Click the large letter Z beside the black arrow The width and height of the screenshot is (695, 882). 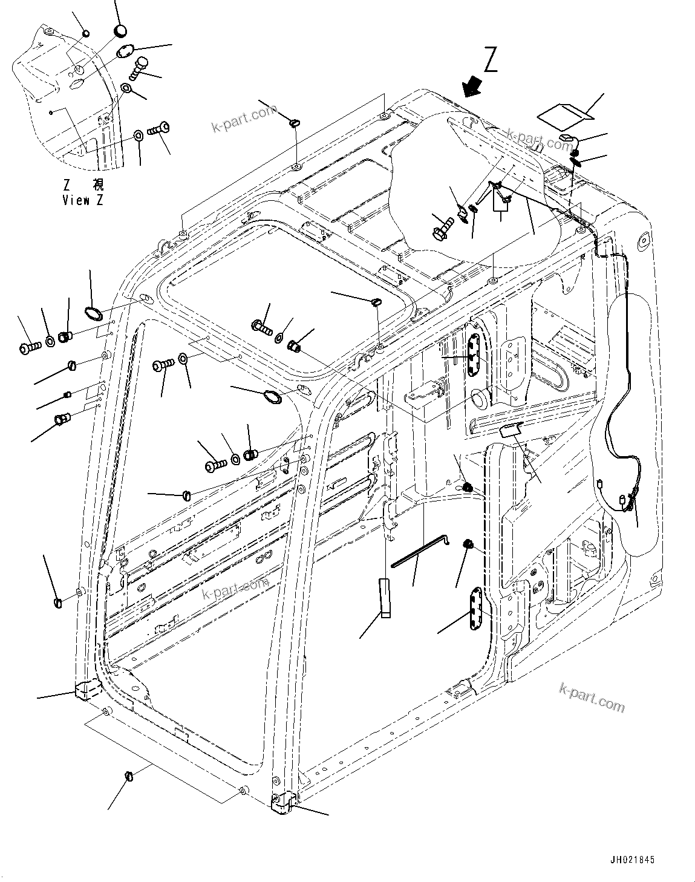tap(490, 60)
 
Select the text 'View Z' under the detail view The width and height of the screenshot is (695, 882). tap(82, 200)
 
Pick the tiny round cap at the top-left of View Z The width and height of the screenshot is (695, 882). tap(85, 33)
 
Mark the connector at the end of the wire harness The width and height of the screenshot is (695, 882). tap(623, 500)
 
